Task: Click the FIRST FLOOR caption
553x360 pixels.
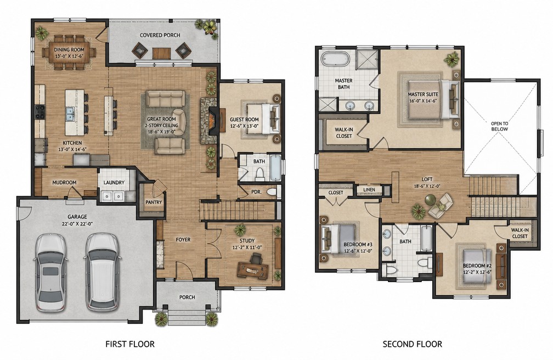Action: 130,344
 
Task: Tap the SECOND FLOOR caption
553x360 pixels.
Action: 413,344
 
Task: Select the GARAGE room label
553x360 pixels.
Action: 77,217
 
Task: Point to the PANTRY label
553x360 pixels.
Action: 154,203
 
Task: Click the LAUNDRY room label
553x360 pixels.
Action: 114,183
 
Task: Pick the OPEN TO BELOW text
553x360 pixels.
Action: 500,126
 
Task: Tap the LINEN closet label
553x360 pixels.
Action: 369,190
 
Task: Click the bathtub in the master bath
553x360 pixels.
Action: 336,59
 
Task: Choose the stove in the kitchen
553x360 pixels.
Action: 40,112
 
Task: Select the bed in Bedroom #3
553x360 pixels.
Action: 337,239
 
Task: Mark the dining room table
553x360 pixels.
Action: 69,52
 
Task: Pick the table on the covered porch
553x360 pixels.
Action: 161,53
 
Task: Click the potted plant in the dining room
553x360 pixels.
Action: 42,33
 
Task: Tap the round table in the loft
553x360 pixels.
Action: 430,200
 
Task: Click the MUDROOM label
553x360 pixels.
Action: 64,183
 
